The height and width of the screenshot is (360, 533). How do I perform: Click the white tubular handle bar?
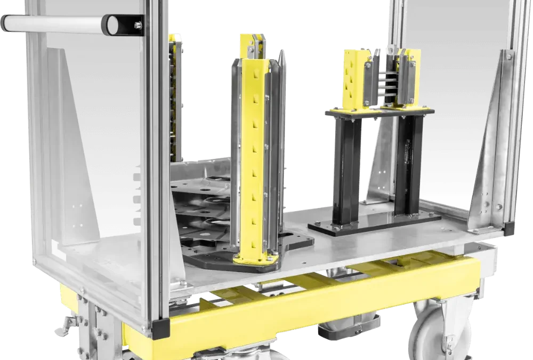53,24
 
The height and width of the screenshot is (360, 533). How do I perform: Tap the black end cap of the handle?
114,24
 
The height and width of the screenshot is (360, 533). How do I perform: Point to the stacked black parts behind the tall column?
205,213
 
